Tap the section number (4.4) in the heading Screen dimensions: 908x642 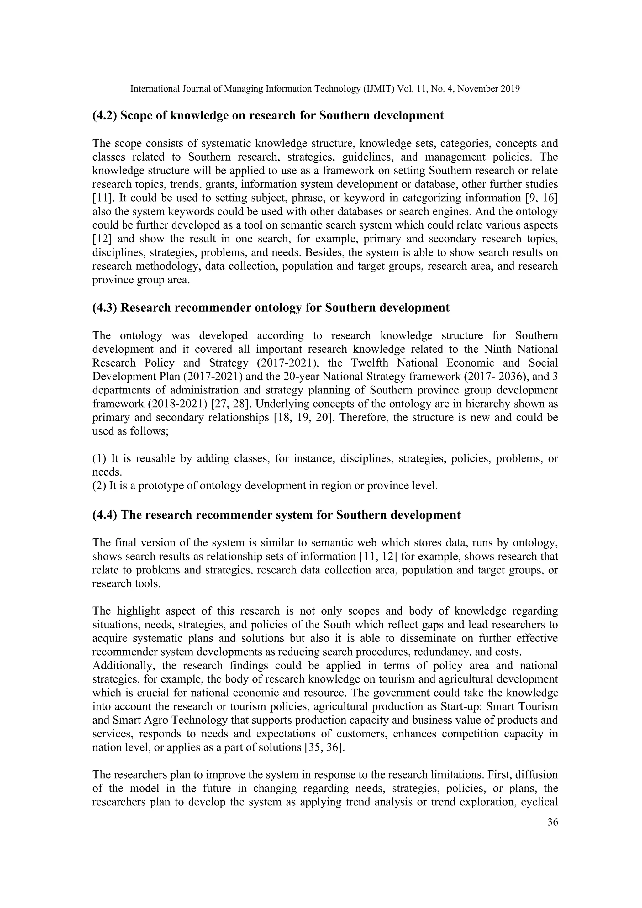click(x=104, y=515)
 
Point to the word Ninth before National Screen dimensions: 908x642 click(x=499, y=349)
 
